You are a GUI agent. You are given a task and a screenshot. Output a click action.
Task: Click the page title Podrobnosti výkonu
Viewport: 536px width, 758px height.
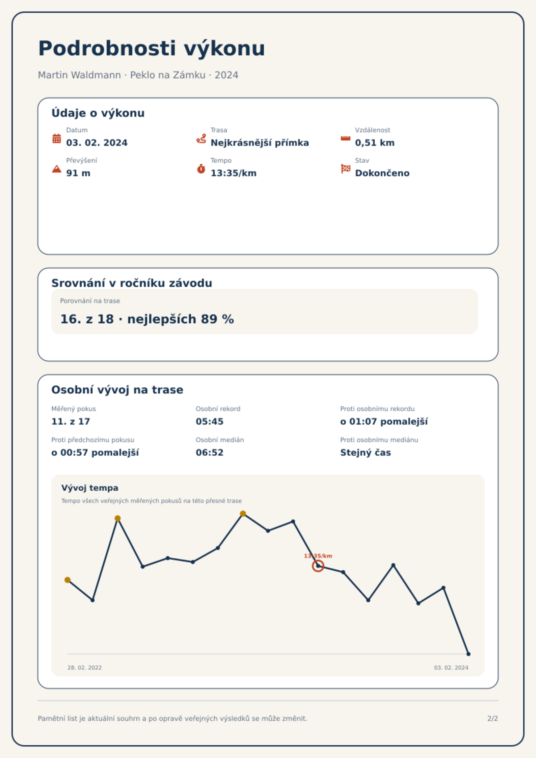pos(152,49)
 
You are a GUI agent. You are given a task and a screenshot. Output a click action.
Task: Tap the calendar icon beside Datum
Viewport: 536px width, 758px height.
pos(57,138)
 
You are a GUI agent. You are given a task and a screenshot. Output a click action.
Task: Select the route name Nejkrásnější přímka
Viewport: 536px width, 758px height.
pos(260,143)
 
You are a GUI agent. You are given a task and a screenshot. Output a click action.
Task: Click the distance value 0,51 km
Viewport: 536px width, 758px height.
pos(375,143)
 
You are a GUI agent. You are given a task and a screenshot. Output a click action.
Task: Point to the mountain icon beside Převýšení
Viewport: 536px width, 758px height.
pos(57,169)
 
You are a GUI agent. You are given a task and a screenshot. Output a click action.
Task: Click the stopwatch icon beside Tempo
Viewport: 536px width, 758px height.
pos(201,169)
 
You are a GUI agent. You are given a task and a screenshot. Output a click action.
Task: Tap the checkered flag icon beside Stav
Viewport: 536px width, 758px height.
pos(346,169)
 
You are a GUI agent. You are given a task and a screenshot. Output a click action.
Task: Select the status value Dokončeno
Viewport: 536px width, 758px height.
pos(382,173)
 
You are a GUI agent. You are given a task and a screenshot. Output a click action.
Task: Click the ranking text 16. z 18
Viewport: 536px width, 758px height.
pos(87,319)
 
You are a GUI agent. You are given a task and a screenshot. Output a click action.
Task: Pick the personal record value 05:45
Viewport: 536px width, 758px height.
pos(210,422)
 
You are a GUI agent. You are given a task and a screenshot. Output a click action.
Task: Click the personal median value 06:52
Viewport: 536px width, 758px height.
pos(210,453)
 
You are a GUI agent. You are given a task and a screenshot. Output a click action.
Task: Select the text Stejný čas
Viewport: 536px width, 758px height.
pos(366,453)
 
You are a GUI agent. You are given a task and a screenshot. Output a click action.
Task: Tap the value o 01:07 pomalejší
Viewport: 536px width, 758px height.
pos(384,422)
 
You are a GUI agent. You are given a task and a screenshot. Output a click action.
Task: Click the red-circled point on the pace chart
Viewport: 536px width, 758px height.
pos(318,566)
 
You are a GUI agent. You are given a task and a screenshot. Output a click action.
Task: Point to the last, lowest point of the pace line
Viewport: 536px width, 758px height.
pos(468,654)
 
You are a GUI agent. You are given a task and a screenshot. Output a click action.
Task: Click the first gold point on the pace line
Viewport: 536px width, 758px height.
pos(68,580)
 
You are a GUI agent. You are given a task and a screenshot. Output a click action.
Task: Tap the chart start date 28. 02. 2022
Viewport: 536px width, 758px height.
pos(84,668)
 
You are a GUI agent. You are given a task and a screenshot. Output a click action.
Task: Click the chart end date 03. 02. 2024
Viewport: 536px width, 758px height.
pos(451,668)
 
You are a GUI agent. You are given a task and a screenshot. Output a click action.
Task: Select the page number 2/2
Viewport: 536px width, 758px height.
pos(492,719)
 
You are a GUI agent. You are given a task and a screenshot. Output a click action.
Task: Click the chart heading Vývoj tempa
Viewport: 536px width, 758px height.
pos(90,488)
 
